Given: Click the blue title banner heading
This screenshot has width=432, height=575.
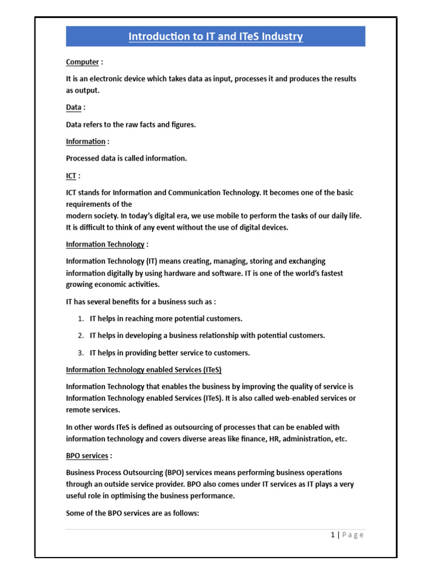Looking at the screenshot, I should tap(215, 37).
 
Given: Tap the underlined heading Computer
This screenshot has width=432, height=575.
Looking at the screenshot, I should tap(83, 62).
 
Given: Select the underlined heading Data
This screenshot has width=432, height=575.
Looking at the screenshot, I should tap(74, 107).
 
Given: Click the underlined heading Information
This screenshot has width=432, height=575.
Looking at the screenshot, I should tap(85, 142).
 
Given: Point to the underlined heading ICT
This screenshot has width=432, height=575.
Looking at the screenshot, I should tap(71, 176).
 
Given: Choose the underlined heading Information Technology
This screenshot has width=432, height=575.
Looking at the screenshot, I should tap(105, 244).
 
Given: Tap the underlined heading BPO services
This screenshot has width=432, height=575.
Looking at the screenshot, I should tap(87, 455).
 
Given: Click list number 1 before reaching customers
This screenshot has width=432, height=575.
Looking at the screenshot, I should tap(81, 318).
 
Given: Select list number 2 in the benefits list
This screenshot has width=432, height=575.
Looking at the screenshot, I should tap(81, 336).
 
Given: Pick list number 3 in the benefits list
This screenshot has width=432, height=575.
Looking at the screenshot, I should tap(81, 353).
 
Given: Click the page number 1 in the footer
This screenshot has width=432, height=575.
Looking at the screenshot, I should tap(333, 535).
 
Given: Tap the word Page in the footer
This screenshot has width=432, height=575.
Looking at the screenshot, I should tap(353, 535).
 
